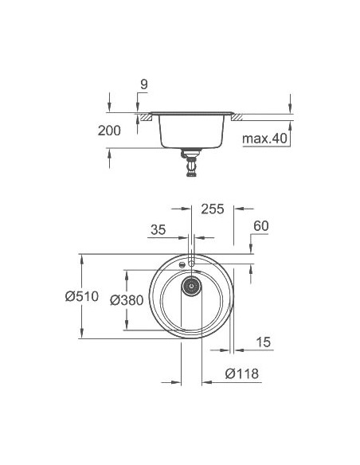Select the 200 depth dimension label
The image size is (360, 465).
pos(109,131)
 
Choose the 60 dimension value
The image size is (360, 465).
pos(260,226)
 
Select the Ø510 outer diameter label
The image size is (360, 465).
pos(82,297)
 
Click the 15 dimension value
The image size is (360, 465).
pos(264,342)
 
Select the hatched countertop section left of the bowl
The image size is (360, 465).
pos(145,117)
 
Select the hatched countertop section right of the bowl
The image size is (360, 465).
pos(237,117)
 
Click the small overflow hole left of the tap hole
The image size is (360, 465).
pos(183,264)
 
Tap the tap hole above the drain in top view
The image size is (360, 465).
pos(192,260)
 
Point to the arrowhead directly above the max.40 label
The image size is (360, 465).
pos(290,123)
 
